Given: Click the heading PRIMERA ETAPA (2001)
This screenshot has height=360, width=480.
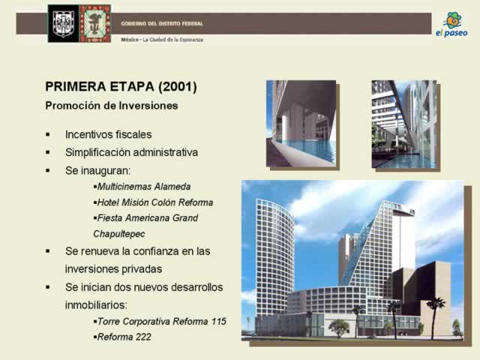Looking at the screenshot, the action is pos(121,87).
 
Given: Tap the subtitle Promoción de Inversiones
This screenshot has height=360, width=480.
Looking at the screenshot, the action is pos(112,106).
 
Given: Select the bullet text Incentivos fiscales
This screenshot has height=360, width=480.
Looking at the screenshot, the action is pos(108,134).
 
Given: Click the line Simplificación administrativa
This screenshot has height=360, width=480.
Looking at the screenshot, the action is pos(132,152).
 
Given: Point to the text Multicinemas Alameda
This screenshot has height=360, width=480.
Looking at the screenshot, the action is pos(144,187).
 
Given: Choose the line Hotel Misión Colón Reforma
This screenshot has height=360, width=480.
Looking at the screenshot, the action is pos(155,202).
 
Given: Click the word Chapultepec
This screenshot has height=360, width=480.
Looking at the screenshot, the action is pos(119,234).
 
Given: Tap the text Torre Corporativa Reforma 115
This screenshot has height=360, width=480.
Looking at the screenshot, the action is pos(162,322).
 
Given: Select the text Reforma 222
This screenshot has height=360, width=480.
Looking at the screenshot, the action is pos(124,337).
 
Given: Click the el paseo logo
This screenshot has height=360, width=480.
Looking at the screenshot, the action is pos(451,25).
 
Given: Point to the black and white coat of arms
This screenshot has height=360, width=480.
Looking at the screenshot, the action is pos(63,23).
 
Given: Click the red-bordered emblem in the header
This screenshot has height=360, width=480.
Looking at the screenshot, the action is pos(95,23).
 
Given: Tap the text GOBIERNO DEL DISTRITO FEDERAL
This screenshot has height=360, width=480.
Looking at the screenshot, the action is pos(162,23).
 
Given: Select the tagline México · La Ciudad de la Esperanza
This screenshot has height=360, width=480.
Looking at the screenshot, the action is pos(162,40).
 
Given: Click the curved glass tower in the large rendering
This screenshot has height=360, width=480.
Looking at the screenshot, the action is pos(274,257).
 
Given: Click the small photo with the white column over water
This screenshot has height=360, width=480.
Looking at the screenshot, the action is pos(301,124).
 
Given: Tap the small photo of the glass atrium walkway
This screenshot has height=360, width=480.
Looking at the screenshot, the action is pos(404,124).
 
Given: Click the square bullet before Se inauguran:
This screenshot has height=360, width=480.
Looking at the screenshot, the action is pos(48,170).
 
